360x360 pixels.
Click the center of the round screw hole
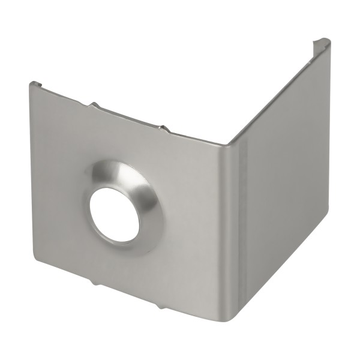[x=115, y=214]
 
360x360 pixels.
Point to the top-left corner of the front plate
[x=31, y=85]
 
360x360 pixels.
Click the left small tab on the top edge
[x=94, y=106]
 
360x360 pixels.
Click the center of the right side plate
[x=279, y=180]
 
